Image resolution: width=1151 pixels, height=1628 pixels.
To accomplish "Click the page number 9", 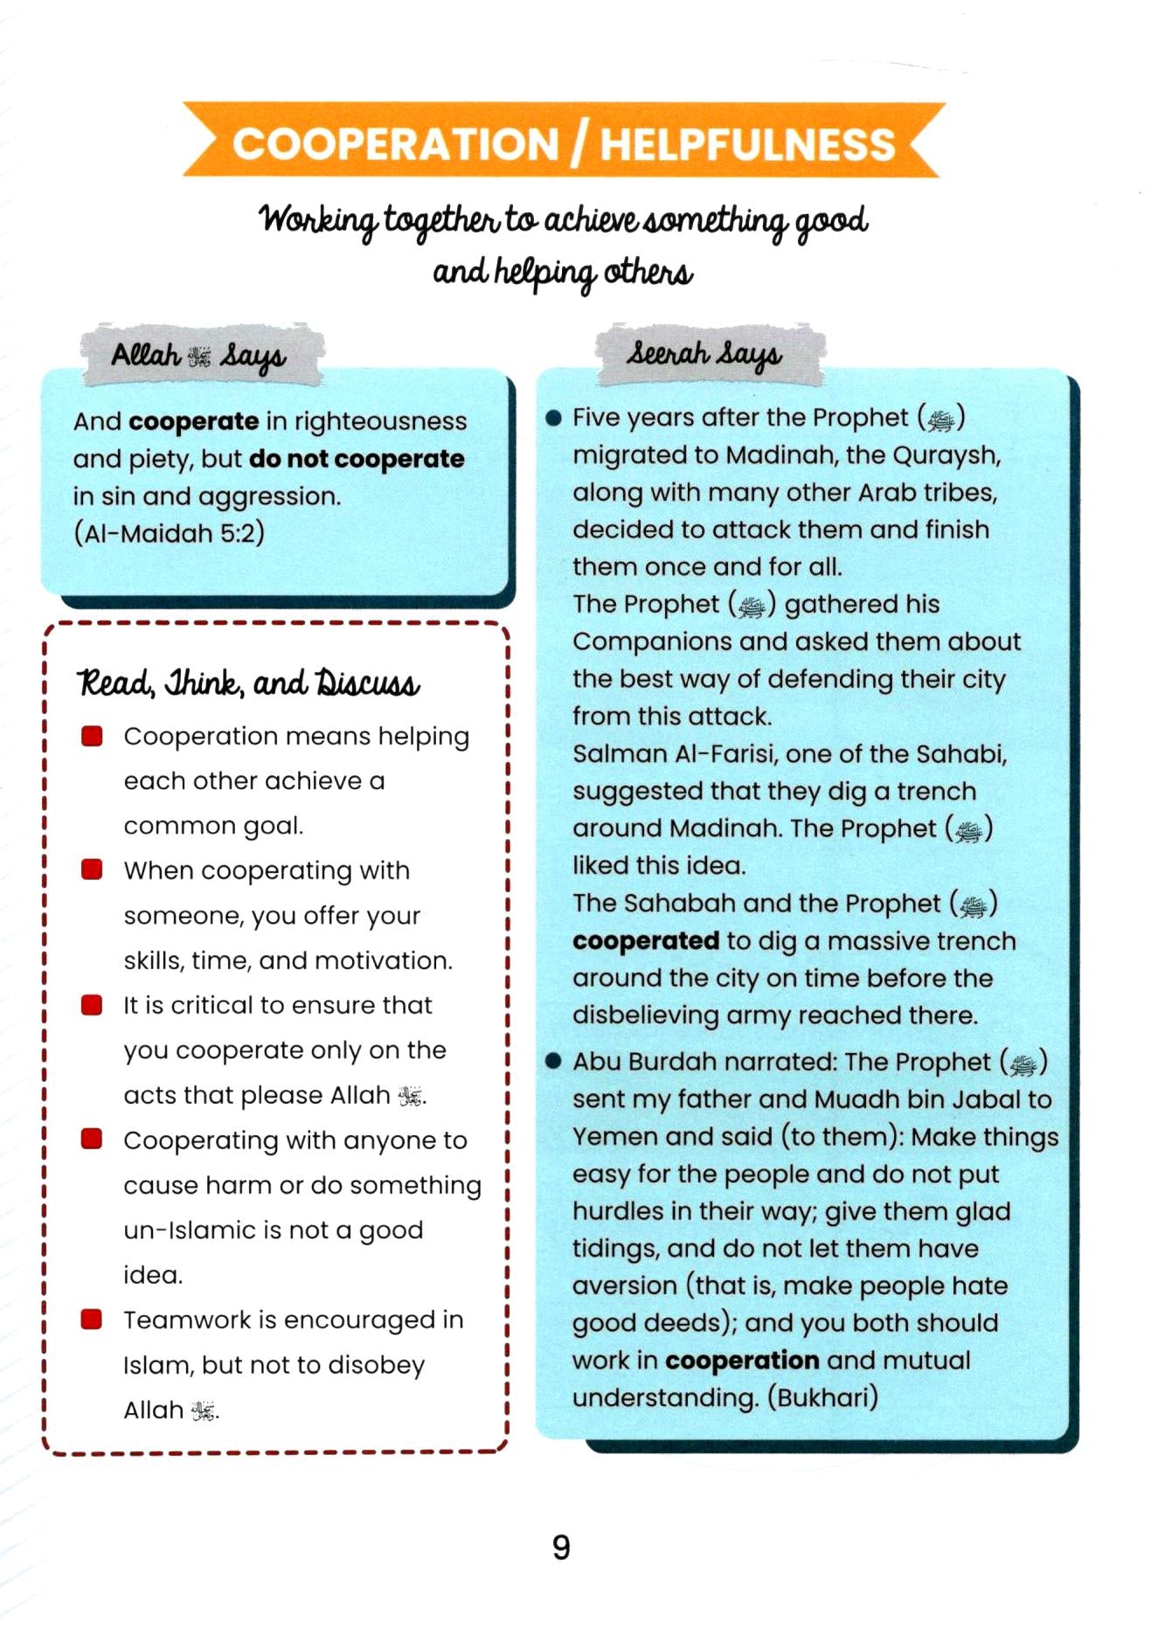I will point(561,1548).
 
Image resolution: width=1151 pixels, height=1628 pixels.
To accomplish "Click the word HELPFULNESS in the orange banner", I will point(747,144).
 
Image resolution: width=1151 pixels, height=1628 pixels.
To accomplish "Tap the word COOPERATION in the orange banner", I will point(395,144).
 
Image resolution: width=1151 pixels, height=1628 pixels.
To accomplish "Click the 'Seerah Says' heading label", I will point(704,354).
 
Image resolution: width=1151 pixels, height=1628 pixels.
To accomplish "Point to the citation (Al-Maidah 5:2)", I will point(169,533).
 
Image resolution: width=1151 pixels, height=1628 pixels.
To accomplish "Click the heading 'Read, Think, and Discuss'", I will point(249,683).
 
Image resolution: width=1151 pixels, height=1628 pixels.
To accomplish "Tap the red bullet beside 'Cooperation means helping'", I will point(92,736).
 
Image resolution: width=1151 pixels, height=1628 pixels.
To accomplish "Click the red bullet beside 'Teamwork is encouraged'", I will point(92,1319).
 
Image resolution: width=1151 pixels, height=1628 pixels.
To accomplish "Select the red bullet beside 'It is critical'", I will point(92,1004).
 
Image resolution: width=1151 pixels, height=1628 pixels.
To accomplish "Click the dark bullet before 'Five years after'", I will point(552,418).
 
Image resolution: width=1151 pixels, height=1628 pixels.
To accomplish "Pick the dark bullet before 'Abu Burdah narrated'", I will point(552,1062).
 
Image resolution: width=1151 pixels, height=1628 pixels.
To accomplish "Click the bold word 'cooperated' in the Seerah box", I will point(645,941).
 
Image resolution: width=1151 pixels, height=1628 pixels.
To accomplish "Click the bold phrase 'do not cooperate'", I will point(357,459).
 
